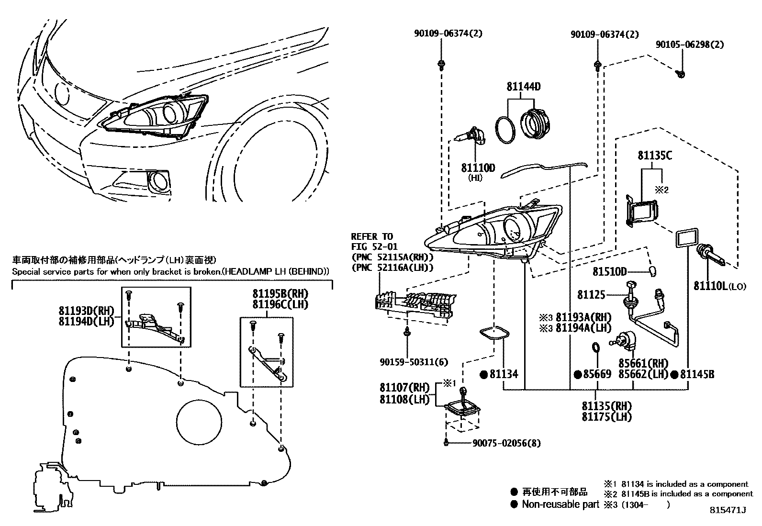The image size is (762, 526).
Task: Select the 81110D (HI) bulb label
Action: point(478,168)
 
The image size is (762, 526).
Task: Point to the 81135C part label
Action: point(654,156)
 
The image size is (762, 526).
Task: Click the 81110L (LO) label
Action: point(719,286)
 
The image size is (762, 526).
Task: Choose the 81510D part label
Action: point(609,271)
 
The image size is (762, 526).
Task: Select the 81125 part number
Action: point(591,295)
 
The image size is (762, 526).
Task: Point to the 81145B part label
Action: point(697,374)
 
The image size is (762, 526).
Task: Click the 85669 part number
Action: point(597,374)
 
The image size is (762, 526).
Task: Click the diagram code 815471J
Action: point(728,510)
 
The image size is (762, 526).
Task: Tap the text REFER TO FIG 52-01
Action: point(372,241)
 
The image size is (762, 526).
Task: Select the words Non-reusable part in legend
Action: point(560,504)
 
